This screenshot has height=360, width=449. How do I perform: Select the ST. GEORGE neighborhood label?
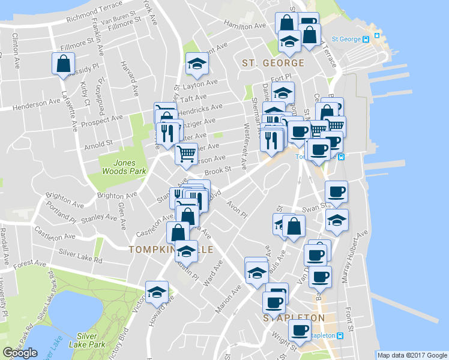[x=273, y=62]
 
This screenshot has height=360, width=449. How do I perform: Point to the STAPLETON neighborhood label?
[x=294, y=317]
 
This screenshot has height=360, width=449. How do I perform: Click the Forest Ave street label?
[x=30, y=263]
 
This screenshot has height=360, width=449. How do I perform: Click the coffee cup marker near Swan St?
[x=336, y=192]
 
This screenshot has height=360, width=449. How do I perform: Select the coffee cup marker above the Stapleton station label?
[x=300, y=329]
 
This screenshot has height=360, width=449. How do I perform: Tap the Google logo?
[x=20, y=353]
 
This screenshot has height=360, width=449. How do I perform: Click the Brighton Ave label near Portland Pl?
[x=65, y=200]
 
